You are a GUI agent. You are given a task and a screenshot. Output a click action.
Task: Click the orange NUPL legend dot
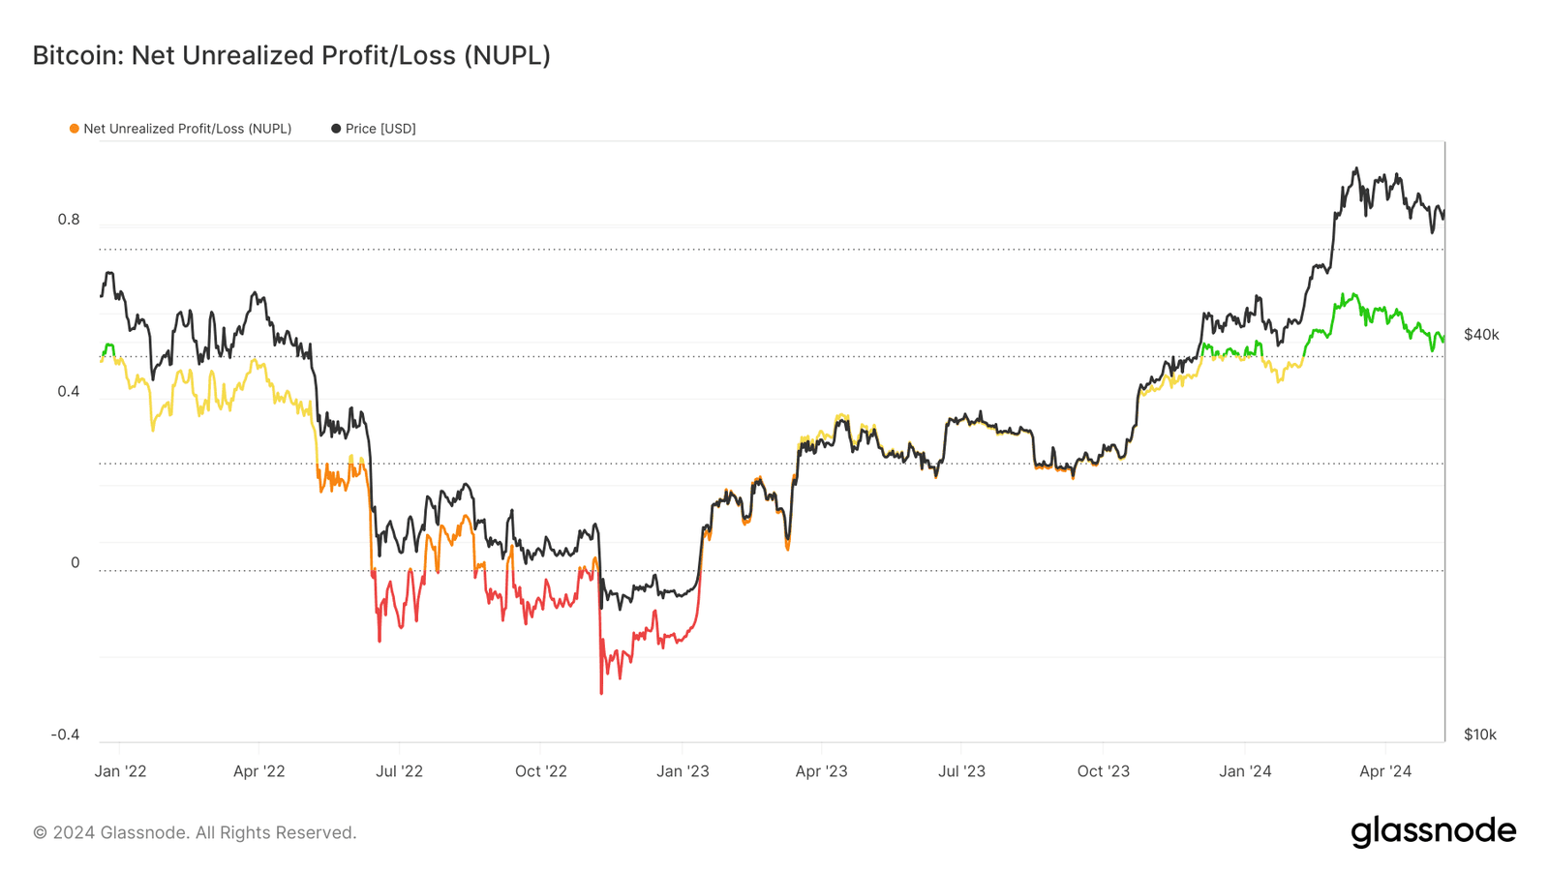[75, 129]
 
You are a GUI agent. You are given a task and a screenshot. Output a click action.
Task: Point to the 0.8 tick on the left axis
[69, 220]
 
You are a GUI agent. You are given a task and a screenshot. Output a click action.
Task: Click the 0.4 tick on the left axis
[69, 392]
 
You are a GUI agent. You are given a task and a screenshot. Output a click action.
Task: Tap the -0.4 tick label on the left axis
[66, 735]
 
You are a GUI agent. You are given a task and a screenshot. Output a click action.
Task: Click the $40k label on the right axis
[1481, 335]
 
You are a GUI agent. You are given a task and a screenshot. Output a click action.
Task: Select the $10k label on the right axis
[1480, 735]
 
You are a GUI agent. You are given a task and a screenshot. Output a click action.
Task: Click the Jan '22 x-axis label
[121, 771]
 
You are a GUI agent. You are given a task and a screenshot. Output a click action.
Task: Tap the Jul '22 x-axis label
[400, 771]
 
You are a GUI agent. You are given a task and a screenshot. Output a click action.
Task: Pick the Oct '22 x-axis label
[541, 771]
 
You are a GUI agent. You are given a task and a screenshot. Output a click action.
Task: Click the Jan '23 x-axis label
[683, 771]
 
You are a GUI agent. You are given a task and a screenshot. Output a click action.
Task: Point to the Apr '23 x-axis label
[821, 771]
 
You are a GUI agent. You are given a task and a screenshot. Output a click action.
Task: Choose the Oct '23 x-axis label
[1104, 771]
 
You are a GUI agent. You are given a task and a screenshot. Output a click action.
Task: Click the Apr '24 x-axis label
[1385, 771]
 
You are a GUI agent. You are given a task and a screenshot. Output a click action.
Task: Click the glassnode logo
[1433, 831]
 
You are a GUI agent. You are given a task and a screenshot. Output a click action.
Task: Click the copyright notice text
[195, 832]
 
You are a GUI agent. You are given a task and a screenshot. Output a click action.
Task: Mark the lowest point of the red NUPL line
[601, 693]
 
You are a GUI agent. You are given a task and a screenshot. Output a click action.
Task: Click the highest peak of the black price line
[1355, 168]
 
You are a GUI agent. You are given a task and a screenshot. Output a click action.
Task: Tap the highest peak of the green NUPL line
[1343, 294]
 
